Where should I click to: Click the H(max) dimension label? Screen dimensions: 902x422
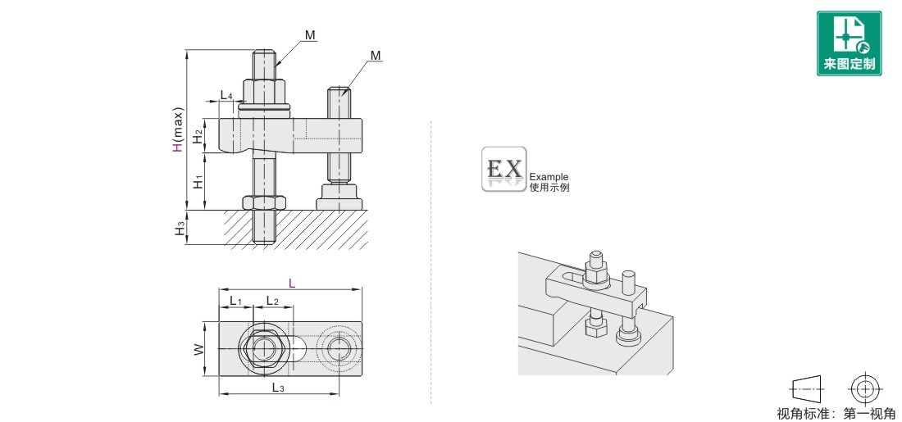click(179, 130)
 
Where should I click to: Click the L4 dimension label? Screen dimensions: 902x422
click(226, 95)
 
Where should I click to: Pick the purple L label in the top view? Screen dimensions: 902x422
click(292, 284)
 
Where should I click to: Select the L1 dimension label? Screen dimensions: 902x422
click(236, 301)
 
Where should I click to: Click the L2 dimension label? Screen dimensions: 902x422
click(272, 301)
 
